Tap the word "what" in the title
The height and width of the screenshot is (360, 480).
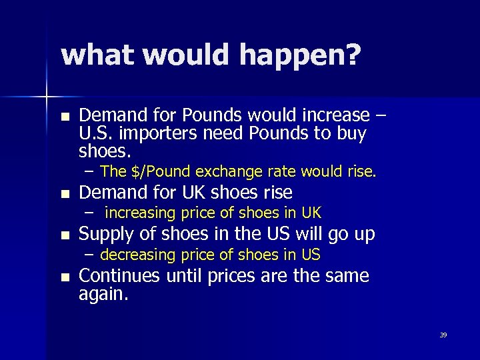97,55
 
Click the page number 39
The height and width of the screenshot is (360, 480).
443,335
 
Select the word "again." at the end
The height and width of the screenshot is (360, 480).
103,294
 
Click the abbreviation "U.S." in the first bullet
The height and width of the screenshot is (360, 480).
96,133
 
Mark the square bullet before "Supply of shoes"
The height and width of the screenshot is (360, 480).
64,235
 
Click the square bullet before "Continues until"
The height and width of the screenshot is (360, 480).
64,277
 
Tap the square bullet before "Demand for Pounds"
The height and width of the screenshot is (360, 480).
64,116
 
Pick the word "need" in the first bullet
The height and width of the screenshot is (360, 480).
223,133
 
